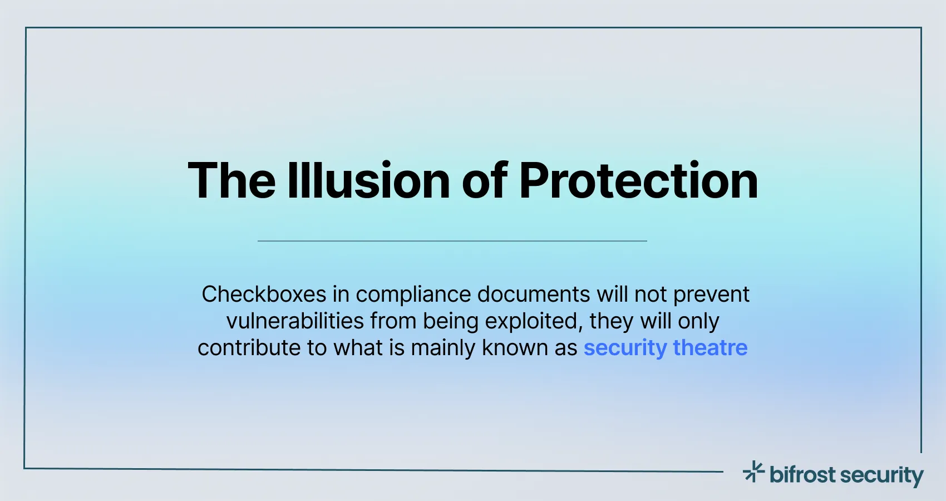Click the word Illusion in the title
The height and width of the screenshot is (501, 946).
point(368,181)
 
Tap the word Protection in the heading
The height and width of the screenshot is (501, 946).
point(638,181)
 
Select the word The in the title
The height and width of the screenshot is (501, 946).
point(231,181)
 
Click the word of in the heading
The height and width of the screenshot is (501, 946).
point(484,181)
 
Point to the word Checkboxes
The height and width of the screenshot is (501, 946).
point(264,294)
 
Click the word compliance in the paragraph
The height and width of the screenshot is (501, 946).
point(413,294)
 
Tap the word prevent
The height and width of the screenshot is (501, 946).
point(712,294)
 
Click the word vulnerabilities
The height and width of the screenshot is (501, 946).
point(295,321)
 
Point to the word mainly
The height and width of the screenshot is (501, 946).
point(443,348)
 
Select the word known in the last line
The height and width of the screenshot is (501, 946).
point(515,348)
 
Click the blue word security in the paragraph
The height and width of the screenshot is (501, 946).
point(625,348)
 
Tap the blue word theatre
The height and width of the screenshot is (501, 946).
point(710,348)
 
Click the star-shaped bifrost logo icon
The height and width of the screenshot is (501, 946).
point(754,472)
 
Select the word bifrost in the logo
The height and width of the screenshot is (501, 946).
point(802,475)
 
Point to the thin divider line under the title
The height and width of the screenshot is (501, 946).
point(452,241)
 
